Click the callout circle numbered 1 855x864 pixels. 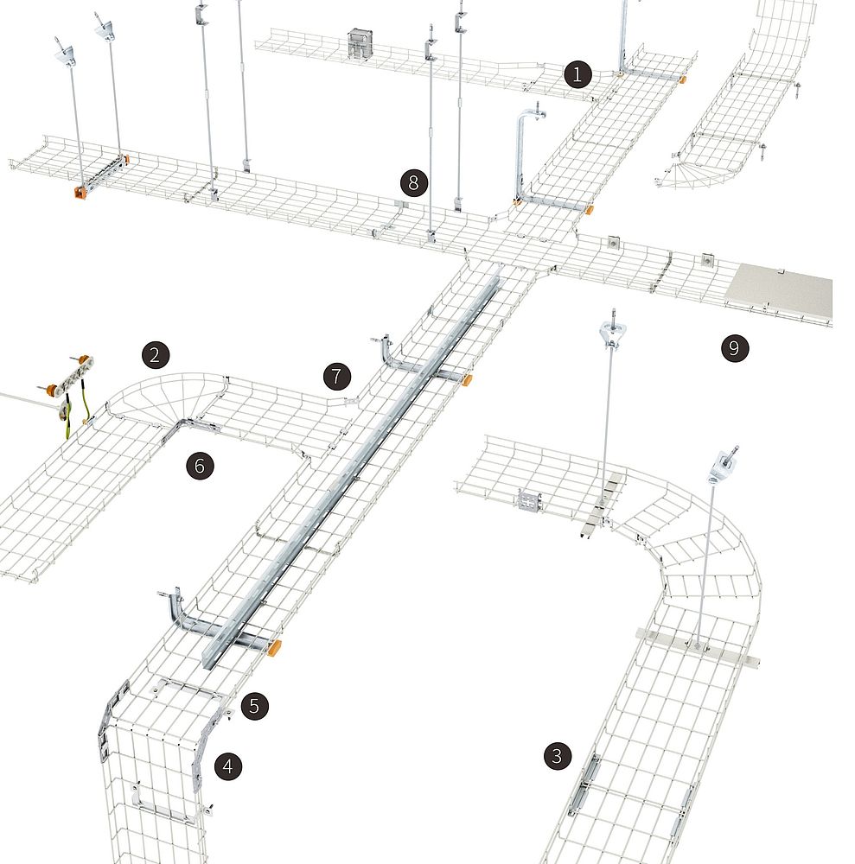point(577,73)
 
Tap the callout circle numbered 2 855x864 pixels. point(155,354)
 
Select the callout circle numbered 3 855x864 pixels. point(557,755)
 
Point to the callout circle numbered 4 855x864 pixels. point(228,766)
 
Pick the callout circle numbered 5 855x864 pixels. point(254,705)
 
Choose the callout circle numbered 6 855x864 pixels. point(200,466)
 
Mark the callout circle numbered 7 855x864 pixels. point(337,377)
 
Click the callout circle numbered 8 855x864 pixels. point(414,182)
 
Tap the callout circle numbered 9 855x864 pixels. point(734,347)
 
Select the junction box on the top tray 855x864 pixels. point(361,44)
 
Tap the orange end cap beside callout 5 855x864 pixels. point(273,647)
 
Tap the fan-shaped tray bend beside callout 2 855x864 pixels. point(165,397)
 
